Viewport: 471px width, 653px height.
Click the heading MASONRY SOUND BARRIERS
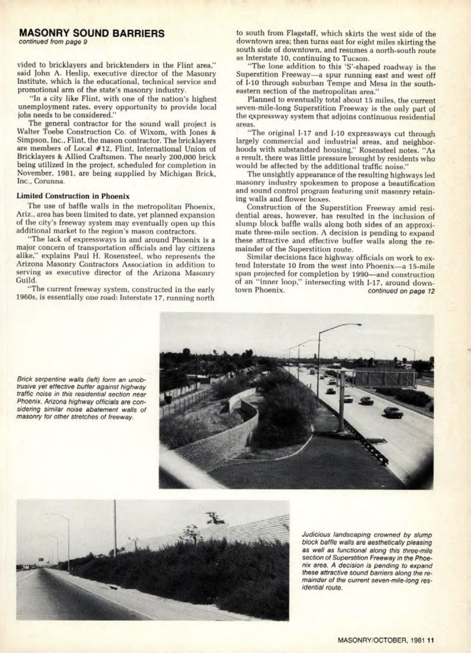click(x=92, y=33)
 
